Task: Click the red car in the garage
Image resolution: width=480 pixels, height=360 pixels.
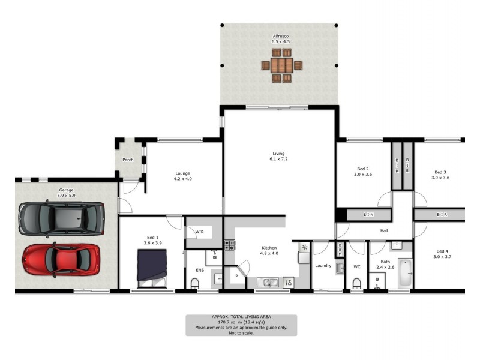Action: pyautogui.click(x=60, y=259)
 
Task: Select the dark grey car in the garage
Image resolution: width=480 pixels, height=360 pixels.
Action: pyautogui.click(x=61, y=218)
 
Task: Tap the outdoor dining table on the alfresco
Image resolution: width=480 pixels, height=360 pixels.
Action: pyautogui.click(x=281, y=65)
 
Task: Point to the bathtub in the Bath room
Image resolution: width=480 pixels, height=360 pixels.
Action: pyautogui.click(x=406, y=272)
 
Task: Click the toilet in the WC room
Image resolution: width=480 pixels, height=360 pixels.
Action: pyautogui.click(x=357, y=283)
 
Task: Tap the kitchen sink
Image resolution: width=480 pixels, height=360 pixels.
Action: pyautogui.click(x=268, y=281)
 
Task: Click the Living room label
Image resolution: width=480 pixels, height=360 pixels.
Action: pyautogui.click(x=278, y=154)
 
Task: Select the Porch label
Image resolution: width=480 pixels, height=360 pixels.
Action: pyautogui.click(x=128, y=160)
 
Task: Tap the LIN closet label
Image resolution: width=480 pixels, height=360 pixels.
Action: pyautogui.click(x=368, y=214)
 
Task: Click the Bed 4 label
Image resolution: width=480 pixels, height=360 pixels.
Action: pyautogui.click(x=442, y=251)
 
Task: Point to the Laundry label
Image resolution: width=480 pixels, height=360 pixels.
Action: pyautogui.click(x=323, y=266)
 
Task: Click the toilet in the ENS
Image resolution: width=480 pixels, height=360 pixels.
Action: pyautogui.click(x=195, y=283)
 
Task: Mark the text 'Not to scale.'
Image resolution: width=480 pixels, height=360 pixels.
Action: pyautogui.click(x=241, y=333)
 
